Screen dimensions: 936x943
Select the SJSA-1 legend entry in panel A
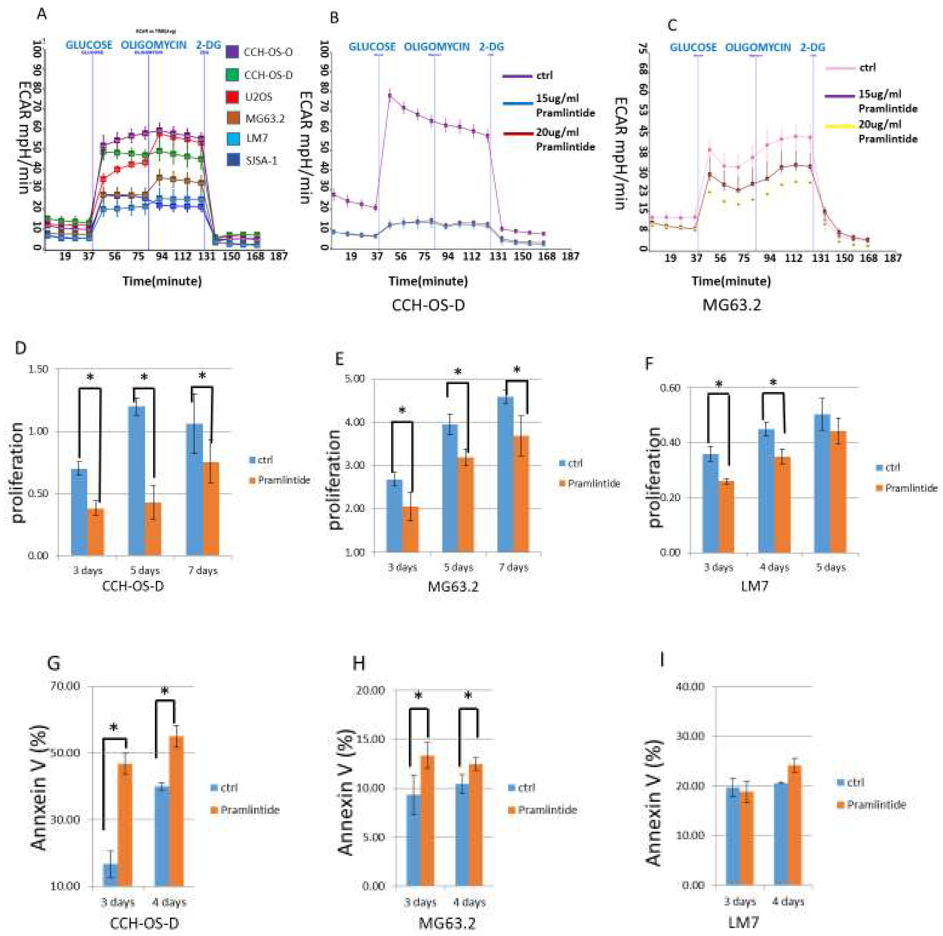261,160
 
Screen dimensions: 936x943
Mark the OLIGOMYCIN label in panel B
436,47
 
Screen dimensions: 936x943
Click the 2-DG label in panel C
812,47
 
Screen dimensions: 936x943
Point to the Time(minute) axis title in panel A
162,281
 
